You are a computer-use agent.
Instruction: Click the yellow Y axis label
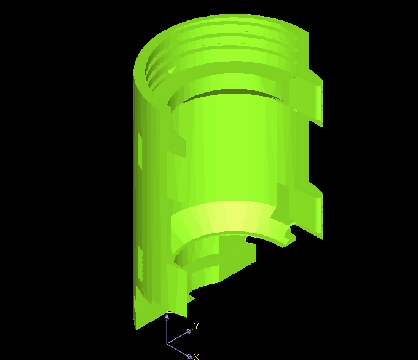point(197,326)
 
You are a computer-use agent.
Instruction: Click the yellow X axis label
point(197,357)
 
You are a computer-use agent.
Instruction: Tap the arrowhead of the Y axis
point(189,331)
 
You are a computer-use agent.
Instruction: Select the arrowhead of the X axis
point(189,356)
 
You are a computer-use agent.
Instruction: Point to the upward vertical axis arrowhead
point(167,318)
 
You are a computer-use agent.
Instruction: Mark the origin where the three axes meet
point(167,343)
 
